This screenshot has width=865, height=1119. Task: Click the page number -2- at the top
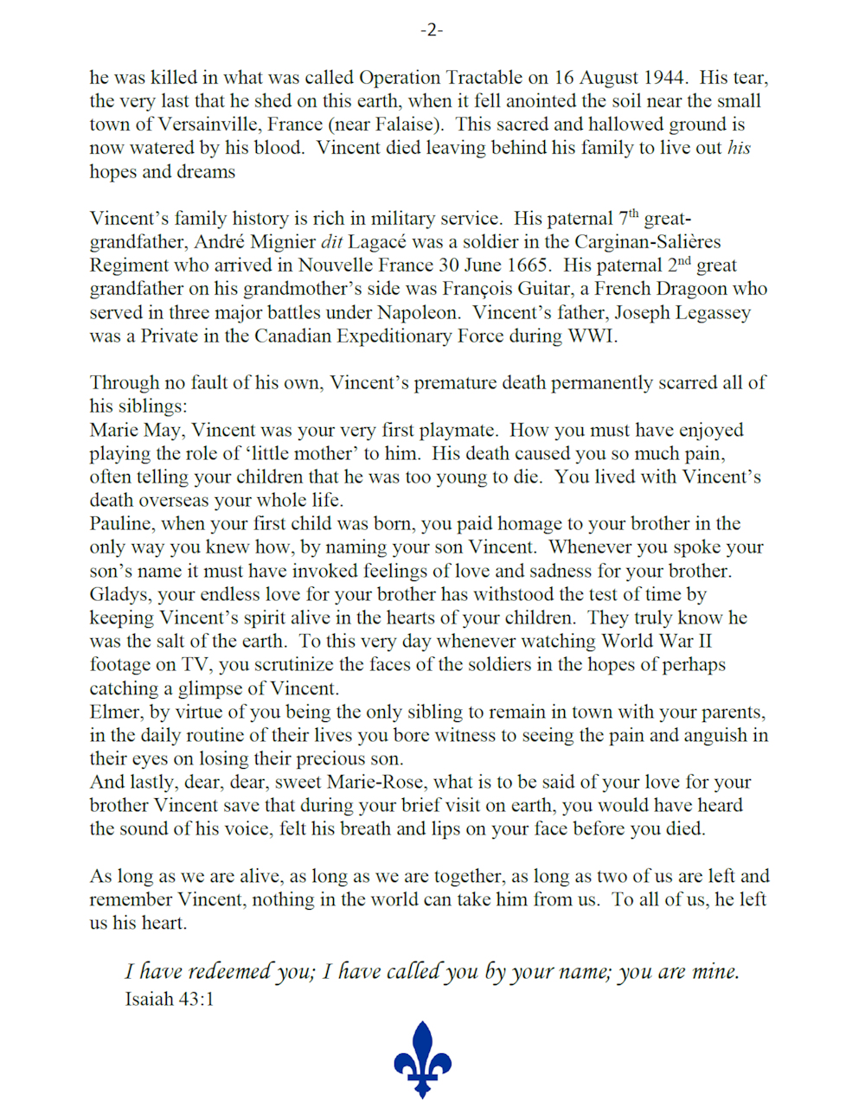(x=432, y=30)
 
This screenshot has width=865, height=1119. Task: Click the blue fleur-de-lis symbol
(x=423, y=1059)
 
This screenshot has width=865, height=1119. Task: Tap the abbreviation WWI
(x=592, y=336)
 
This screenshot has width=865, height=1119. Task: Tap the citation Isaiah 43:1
(x=170, y=1000)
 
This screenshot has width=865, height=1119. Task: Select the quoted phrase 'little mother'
(x=294, y=454)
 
